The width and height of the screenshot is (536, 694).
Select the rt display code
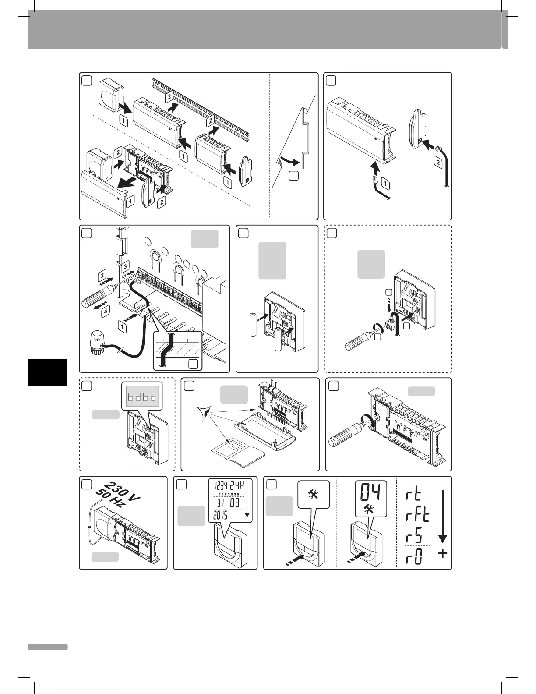click(413, 495)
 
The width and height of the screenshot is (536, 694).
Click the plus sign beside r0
click(443, 554)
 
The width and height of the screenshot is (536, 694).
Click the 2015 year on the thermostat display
click(222, 516)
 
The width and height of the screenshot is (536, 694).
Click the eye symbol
click(203, 412)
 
